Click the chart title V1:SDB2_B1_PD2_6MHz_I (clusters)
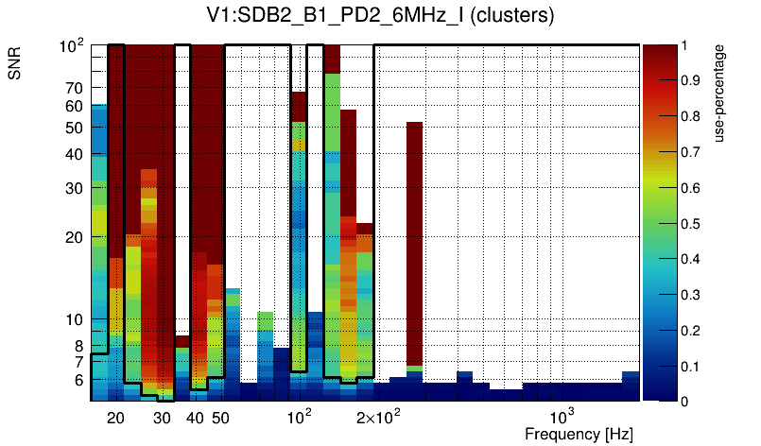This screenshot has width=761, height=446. pos(380,16)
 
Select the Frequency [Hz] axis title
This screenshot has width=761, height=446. pos(579,435)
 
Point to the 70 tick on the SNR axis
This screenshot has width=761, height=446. pos(74,88)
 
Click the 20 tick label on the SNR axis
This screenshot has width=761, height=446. pos(74,237)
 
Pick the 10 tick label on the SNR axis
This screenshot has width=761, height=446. pos(74,319)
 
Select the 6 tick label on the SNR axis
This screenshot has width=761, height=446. pos(78,380)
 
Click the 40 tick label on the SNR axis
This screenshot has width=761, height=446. pos(74,154)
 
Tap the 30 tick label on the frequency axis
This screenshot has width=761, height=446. pos(162,418)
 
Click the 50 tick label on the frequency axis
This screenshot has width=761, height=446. pos(219,418)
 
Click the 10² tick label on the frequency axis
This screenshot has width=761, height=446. pos(299,417)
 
